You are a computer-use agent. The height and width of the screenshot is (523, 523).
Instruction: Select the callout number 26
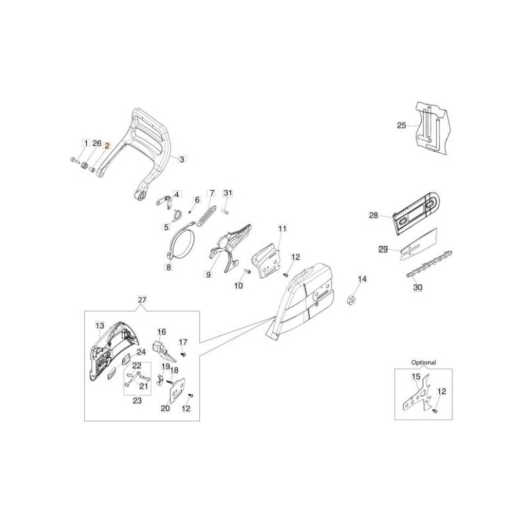96,143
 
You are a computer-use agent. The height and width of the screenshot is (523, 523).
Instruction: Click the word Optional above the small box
423,362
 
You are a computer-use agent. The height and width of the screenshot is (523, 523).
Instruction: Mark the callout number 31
228,193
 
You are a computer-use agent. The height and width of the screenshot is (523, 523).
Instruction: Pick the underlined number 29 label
384,248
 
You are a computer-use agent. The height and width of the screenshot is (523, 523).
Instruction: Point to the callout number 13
99,325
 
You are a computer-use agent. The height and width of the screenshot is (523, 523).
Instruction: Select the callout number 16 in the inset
161,331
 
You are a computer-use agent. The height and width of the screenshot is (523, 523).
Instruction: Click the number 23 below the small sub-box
137,401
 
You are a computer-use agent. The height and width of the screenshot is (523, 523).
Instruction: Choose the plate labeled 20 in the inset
173,396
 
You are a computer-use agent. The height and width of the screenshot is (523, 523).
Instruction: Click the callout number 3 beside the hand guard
182,158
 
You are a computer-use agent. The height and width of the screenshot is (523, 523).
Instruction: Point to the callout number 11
282,228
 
